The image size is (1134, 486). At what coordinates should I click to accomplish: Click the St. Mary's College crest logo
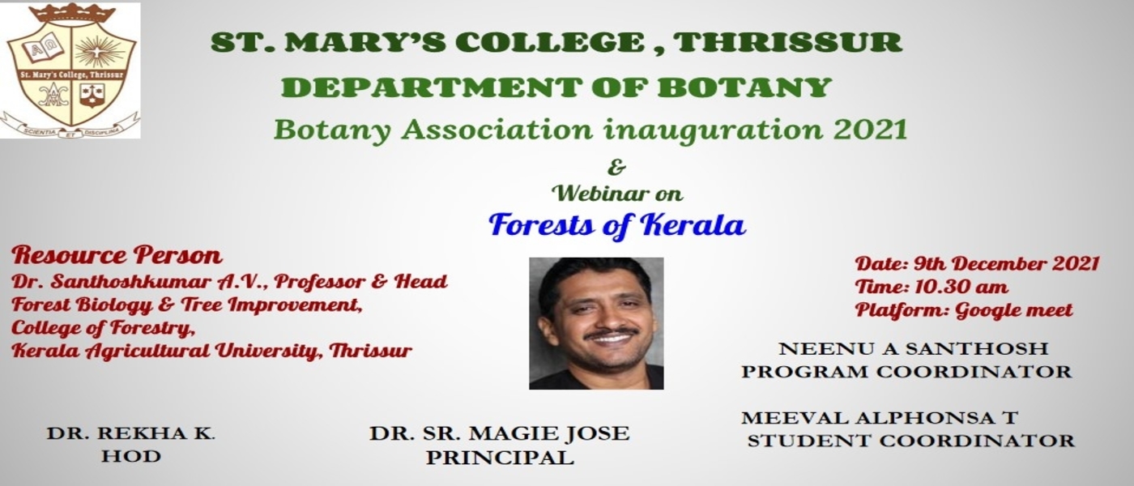click(x=70, y=70)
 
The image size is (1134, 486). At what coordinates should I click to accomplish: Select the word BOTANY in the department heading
click(x=744, y=87)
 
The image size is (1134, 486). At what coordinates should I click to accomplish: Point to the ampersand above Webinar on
click(x=616, y=167)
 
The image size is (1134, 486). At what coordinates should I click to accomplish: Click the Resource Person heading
click(x=117, y=255)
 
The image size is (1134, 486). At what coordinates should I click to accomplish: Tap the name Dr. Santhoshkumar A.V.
click(x=139, y=282)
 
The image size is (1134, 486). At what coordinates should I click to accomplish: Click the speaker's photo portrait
click(x=596, y=323)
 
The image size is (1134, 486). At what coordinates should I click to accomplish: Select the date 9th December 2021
click(x=1006, y=264)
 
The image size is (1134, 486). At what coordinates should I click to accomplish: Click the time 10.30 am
click(x=961, y=287)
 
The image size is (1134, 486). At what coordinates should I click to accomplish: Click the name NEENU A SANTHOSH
click(x=914, y=348)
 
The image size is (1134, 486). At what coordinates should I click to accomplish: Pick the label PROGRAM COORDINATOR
click(x=906, y=371)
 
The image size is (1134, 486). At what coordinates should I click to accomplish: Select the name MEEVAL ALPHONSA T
click(x=880, y=418)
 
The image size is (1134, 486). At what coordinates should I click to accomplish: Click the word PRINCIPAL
click(x=500, y=457)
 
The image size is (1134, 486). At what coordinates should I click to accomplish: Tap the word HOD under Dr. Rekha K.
click(x=130, y=455)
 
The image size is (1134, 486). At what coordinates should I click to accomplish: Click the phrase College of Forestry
click(x=104, y=328)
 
